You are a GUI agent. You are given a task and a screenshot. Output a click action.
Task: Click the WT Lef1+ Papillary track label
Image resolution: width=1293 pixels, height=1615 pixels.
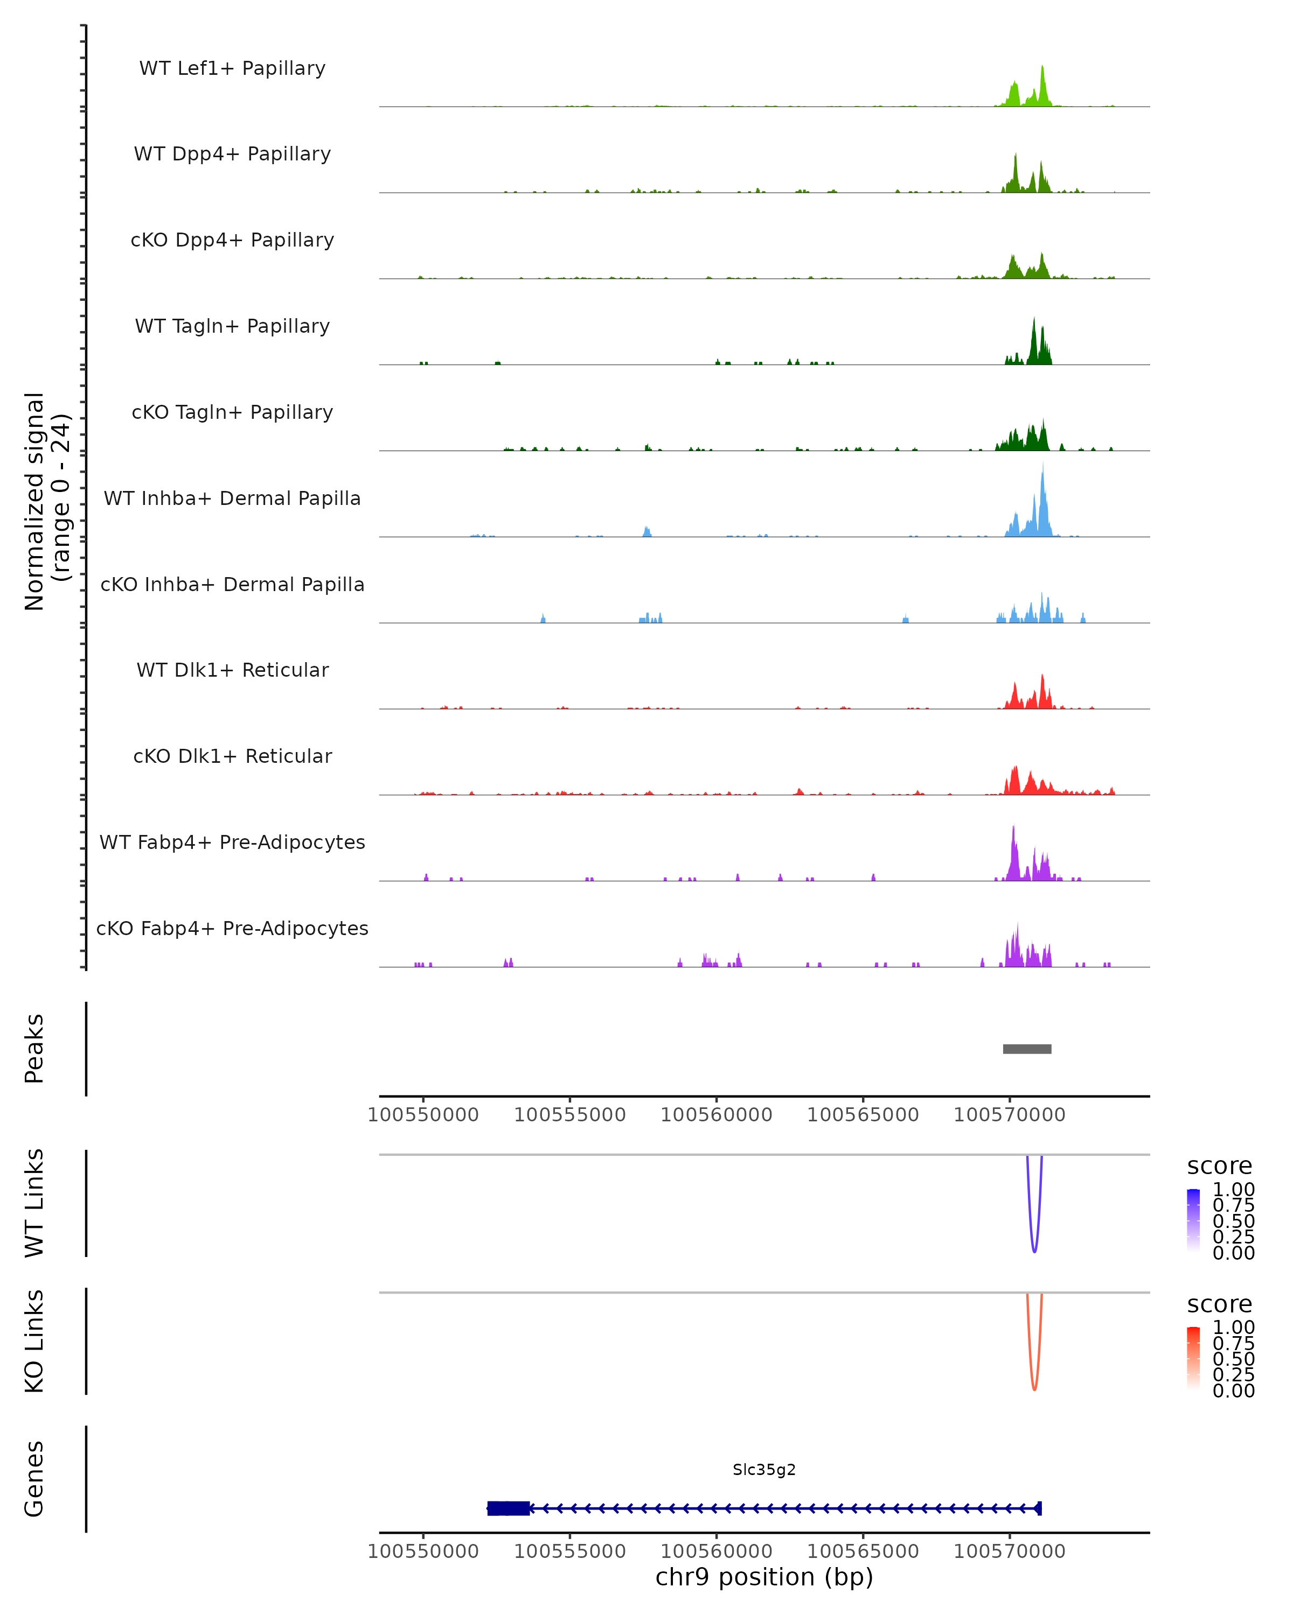click(232, 68)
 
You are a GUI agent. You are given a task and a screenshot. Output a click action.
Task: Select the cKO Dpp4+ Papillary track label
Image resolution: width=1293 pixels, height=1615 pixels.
click(232, 241)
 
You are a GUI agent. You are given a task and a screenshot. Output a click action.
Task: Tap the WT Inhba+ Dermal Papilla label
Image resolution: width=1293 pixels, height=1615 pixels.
click(232, 499)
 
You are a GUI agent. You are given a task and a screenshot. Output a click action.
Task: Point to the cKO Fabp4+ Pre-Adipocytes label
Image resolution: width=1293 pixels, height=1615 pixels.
click(232, 929)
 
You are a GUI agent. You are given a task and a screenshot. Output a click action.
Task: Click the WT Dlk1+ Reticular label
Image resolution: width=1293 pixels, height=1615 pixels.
click(232, 670)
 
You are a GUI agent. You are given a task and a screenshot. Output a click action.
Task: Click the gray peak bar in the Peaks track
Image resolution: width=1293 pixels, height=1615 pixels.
click(1027, 1049)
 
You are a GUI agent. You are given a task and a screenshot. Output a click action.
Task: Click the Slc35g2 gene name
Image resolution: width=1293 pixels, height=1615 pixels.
click(764, 1470)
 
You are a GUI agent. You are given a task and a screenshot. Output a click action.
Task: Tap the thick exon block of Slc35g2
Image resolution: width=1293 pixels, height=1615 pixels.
click(508, 1508)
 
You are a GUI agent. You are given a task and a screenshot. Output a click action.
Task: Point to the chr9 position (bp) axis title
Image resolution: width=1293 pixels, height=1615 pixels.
click(764, 1577)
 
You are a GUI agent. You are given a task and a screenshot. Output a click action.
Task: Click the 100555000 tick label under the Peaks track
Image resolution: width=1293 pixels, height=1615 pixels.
click(569, 1115)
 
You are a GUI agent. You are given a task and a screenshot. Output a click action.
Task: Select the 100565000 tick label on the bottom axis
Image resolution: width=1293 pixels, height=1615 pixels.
click(863, 1551)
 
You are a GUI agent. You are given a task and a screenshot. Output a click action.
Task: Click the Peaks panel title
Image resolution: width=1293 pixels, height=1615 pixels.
click(34, 1049)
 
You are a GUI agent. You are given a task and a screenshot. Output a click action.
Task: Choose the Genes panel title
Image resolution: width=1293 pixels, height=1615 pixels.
click(34, 1479)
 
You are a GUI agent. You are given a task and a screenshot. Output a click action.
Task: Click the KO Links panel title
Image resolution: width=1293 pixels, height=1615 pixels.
click(34, 1342)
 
